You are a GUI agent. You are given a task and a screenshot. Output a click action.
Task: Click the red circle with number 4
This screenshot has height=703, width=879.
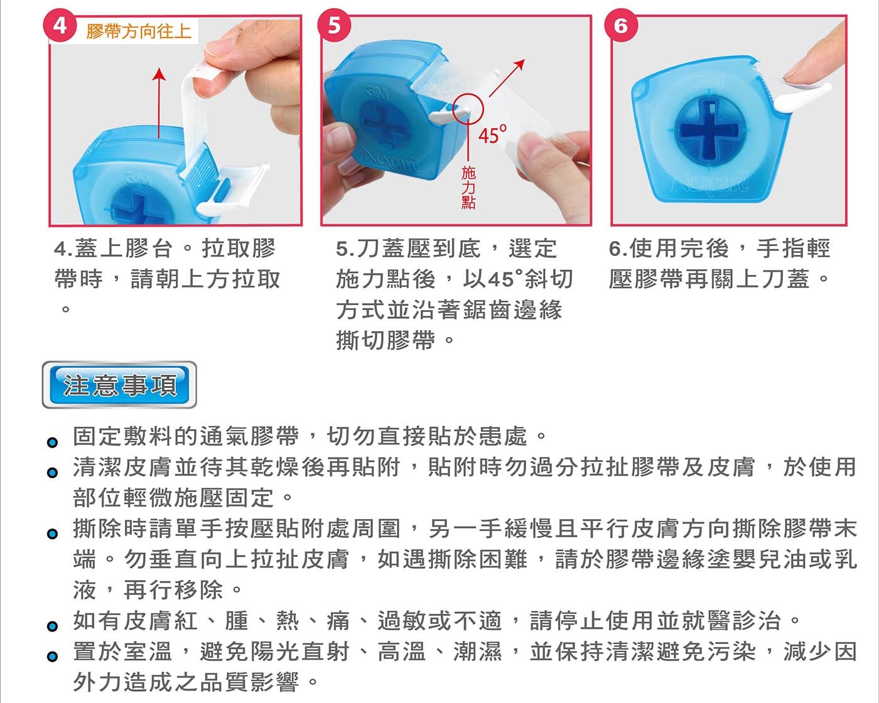pos(60,26)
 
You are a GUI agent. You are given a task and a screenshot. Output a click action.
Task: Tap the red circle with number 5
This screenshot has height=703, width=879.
pos(334,26)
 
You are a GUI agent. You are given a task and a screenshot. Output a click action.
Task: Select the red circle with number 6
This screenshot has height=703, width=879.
pos(621,26)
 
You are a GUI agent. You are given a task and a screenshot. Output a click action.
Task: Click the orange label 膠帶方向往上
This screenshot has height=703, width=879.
pos(139,31)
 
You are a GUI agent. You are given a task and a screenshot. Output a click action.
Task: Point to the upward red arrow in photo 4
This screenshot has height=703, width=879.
pos(159,102)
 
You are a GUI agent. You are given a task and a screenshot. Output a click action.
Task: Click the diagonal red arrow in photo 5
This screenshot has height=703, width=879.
pos(507,78)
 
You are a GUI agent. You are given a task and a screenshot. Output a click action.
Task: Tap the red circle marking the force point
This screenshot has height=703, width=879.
pos(468,109)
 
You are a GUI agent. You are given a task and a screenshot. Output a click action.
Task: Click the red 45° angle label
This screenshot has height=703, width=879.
pos(492,134)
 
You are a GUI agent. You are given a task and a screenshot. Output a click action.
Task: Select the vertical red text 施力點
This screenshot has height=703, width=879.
pos(468,188)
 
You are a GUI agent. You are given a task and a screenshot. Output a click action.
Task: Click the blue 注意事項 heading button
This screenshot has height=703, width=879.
pos(119,385)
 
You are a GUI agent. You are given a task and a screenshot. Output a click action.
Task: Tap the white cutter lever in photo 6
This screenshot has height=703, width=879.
pos(802,98)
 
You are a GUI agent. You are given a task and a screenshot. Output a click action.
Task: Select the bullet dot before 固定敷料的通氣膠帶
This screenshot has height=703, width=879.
pos(52,442)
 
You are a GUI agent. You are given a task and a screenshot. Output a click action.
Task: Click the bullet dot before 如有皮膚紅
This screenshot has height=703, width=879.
pos(52,626)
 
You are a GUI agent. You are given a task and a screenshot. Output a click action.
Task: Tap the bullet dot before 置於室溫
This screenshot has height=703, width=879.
pos(52,657)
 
